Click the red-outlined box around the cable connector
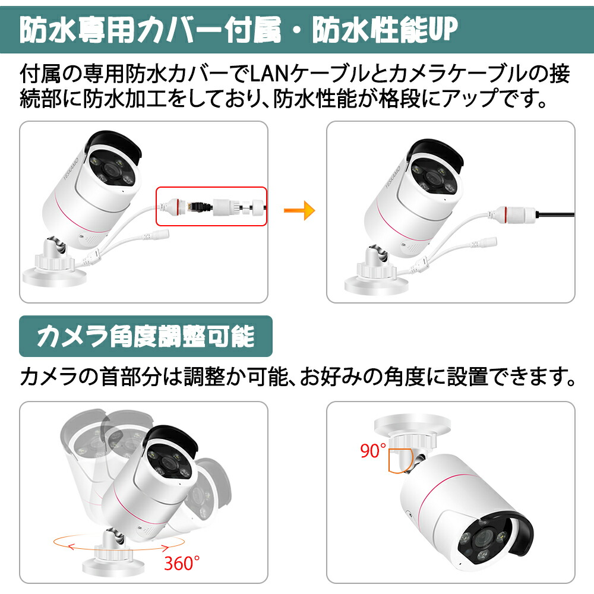211,206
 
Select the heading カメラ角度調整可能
146,337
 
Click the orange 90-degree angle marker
400,460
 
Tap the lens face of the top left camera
111,172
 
